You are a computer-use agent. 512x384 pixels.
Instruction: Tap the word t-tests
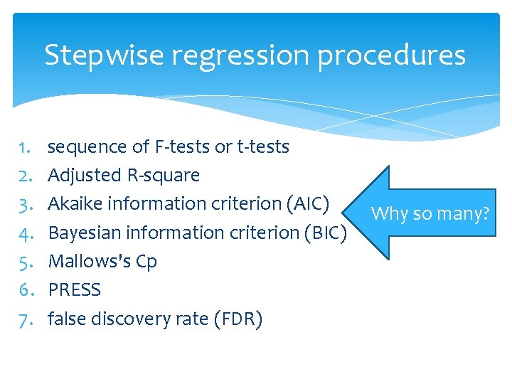262,147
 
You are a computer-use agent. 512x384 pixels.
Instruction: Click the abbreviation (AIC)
306,204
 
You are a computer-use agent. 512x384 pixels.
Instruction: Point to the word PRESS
75,290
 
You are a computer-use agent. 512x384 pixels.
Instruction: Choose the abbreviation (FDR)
238,319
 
